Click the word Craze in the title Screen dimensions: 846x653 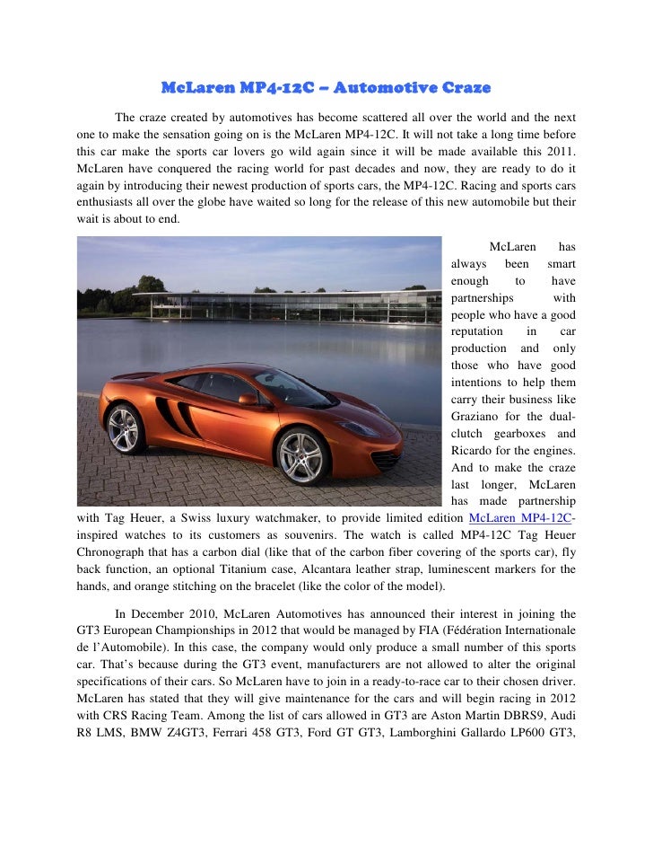coord(460,88)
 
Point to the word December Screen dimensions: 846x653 coord(161,614)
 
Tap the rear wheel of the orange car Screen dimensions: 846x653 coord(124,428)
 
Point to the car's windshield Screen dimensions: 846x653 coord(285,388)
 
